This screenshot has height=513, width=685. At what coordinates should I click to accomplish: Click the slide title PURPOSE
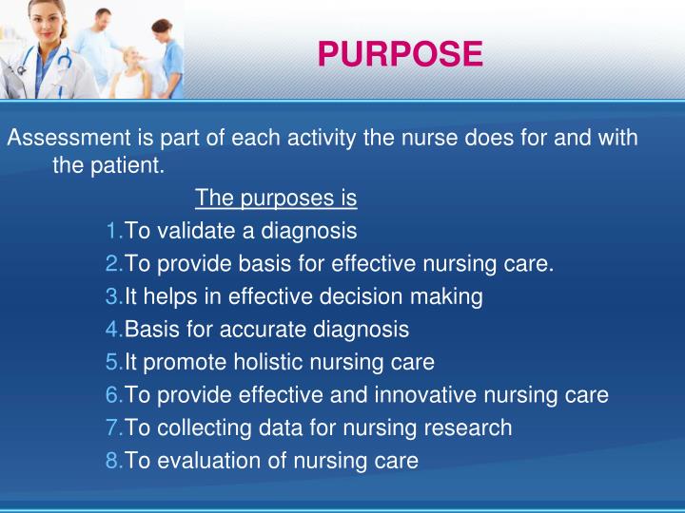[x=399, y=54]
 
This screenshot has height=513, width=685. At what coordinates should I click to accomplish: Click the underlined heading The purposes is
[x=275, y=199]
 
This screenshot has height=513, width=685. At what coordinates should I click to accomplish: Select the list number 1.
[x=113, y=231]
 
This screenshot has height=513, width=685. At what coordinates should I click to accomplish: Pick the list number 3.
[x=113, y=296]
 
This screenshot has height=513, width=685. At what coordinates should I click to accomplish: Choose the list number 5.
[x=113, y=362]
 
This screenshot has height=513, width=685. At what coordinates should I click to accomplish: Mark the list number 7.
[x=113, y=428]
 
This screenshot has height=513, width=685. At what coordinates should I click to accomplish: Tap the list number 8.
[x=113, y=461]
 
